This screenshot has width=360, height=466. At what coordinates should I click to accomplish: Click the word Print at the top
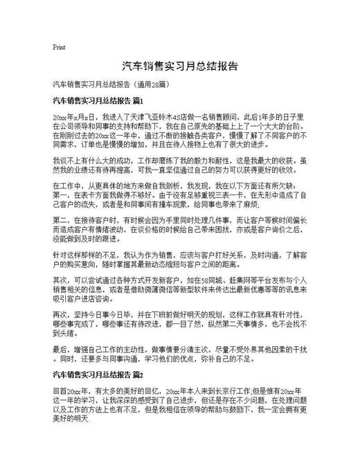point(59,48)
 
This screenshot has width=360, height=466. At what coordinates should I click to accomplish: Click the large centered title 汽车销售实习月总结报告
point(180,66)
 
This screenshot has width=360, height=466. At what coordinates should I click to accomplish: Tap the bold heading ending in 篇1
point(98,101)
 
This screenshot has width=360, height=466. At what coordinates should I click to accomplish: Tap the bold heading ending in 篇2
point(98,375)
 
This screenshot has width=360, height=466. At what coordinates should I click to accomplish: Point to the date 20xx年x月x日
point(71,118)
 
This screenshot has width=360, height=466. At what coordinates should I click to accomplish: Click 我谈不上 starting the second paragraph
point(65,160)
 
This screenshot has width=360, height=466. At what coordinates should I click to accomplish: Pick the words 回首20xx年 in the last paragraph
point(69,391)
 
